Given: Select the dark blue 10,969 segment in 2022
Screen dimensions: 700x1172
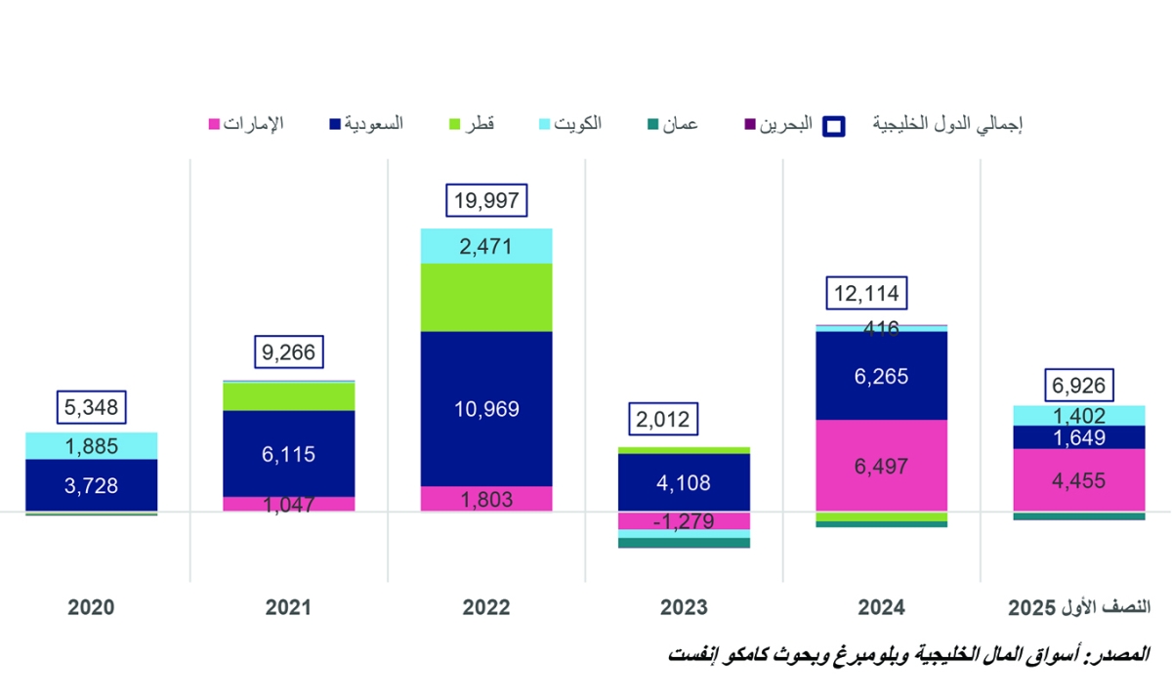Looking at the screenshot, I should click(486, 409).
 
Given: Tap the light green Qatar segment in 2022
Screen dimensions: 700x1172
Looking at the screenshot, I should click(486, 298).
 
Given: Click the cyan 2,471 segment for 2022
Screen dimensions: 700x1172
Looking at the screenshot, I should click(486, 246).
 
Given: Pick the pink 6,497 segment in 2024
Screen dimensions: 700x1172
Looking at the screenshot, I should click(881, 466).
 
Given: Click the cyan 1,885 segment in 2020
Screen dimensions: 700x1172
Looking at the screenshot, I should click(92, 446).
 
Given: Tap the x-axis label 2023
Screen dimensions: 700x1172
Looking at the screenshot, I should click(683, 606).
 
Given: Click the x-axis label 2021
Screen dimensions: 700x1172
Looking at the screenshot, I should click(288, 606).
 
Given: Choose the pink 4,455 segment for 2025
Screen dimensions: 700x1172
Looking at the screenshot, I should click(1078, 479).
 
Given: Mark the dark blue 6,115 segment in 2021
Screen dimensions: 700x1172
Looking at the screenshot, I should click(288, 453).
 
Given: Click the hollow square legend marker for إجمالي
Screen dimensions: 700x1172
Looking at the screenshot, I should click(835, 125).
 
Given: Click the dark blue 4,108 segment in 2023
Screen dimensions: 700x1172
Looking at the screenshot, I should click(683, 482).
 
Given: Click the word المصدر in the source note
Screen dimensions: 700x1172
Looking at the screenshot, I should click(1124, 652).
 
